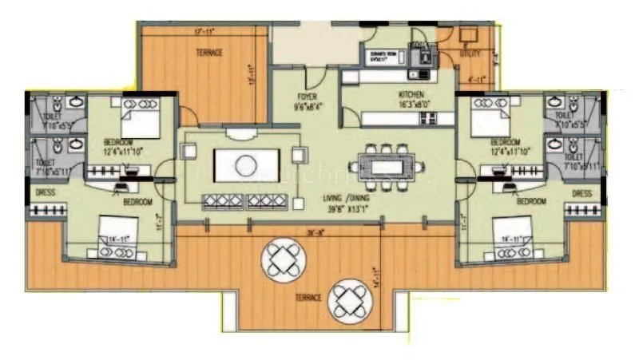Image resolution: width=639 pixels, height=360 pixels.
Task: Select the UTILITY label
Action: click(470, 55)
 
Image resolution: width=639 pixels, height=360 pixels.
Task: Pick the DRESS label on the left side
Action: click(44, 193)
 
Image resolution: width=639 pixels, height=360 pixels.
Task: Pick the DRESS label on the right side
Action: click(581, 193)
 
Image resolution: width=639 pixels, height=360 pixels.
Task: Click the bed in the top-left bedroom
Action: click(141, 125)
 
